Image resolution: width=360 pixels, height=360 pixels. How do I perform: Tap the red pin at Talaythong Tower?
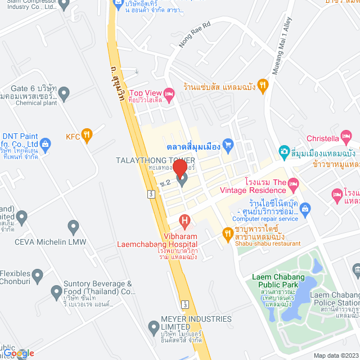tap(179, 169)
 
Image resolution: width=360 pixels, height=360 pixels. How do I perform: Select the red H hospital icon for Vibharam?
tap(183, 221)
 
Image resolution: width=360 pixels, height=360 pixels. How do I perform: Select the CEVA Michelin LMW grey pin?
tap(73, 227)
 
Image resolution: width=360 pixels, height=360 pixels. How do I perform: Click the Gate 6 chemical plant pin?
tap(64, 93)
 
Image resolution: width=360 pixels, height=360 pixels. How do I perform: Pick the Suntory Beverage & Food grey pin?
tap(56, 292)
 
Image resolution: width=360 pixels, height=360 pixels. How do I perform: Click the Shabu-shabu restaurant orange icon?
tap(227, 233)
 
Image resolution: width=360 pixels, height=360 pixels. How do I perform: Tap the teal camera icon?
tap(284, 152)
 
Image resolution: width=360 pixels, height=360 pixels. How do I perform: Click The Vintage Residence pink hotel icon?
tap(292, 184)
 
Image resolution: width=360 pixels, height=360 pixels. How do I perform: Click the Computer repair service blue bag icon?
tap(305, 209)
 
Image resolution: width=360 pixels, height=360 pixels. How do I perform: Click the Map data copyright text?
tap(335, 355)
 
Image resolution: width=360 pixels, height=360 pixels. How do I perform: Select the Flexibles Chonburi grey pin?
tap(38, 276)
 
